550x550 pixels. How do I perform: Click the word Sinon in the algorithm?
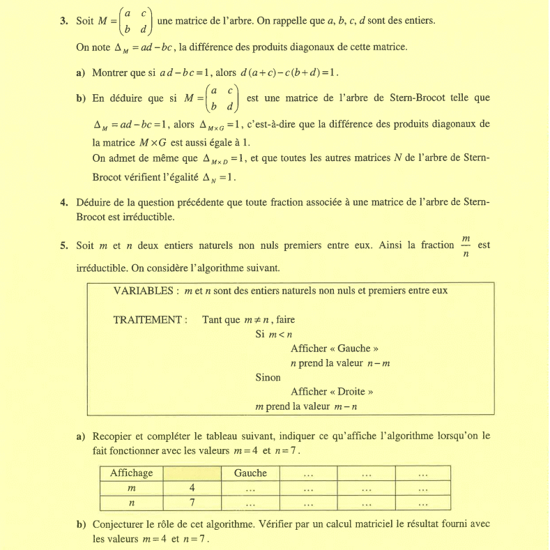[268, 377]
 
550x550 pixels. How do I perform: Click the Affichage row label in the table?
[131, 473]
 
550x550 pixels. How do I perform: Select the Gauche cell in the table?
[250, 473]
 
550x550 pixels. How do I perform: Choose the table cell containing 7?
[191, 503]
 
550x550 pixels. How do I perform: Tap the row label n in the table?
[131, 503]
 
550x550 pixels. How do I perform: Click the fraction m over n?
[466, 245]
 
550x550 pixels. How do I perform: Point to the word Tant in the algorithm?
[213, 320]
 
